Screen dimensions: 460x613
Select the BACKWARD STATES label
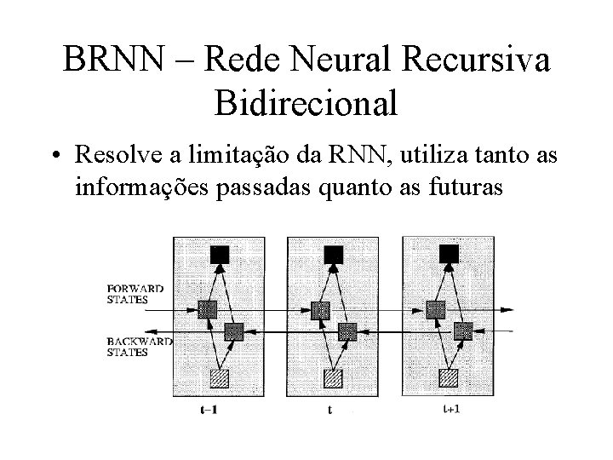[x=138, y=347]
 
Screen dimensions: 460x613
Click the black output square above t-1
[x=221, y=253]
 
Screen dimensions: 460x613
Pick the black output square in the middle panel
[x=333, y=253]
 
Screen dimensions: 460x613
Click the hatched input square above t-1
[x=221, y=377]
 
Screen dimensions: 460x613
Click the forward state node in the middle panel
[x=319, y=310]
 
